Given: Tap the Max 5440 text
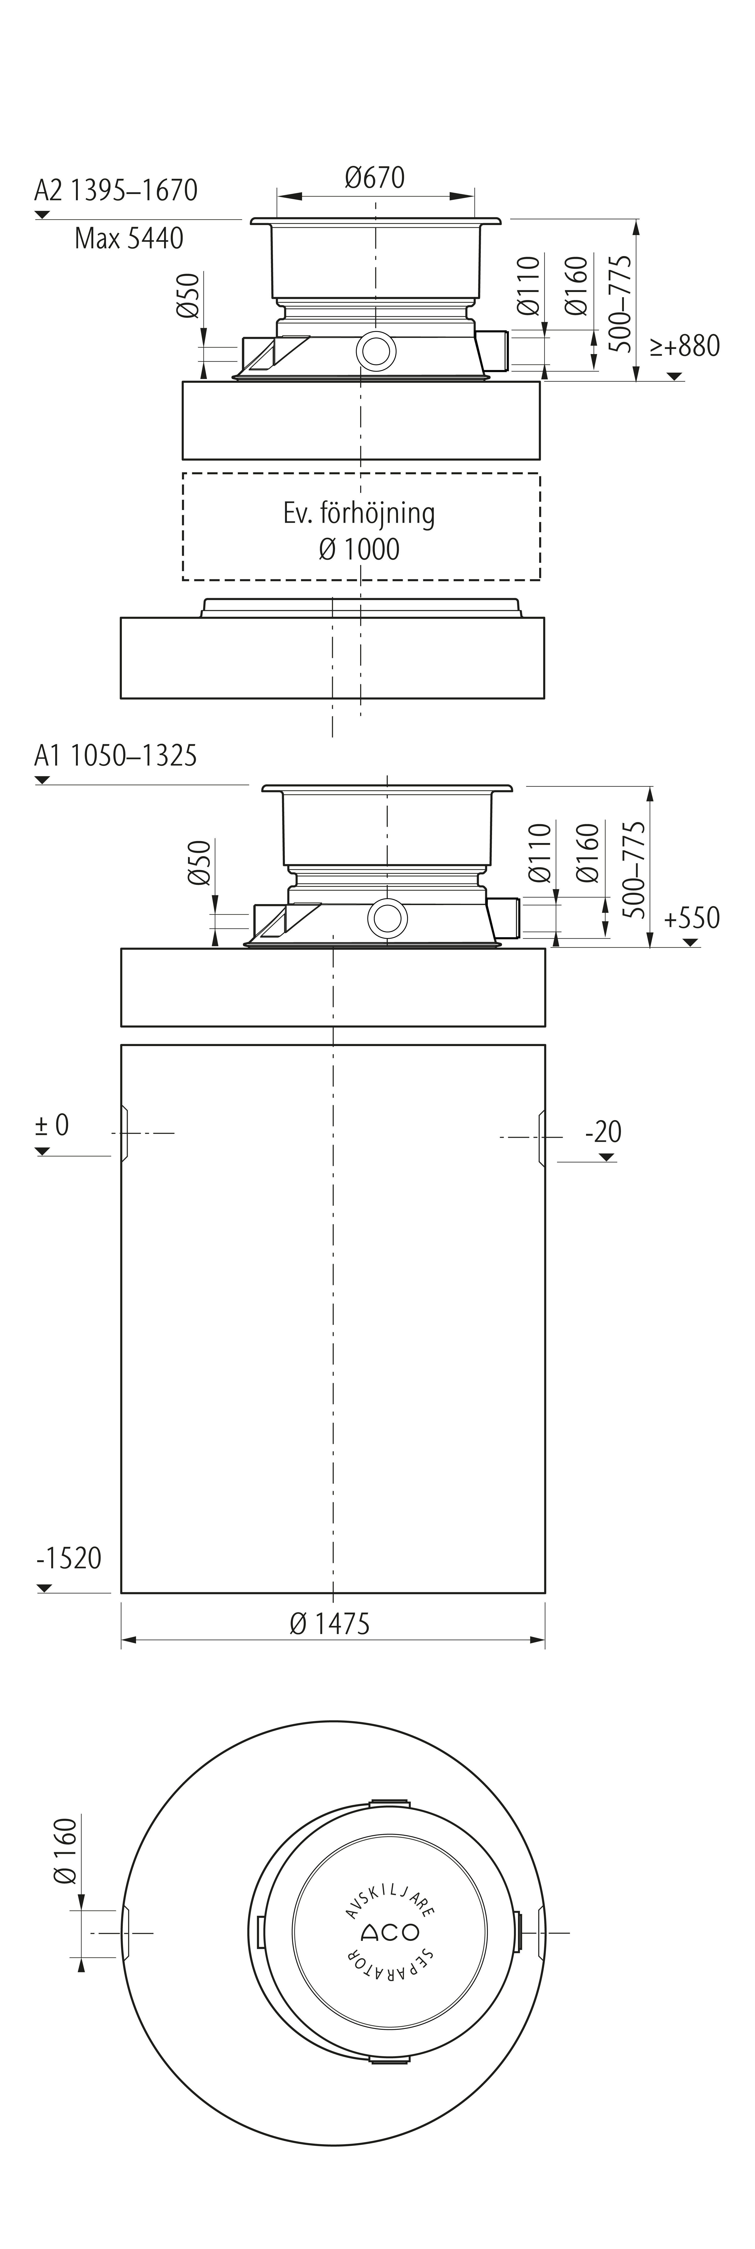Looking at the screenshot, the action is [129, 238].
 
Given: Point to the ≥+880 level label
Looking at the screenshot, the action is [684, 346].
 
